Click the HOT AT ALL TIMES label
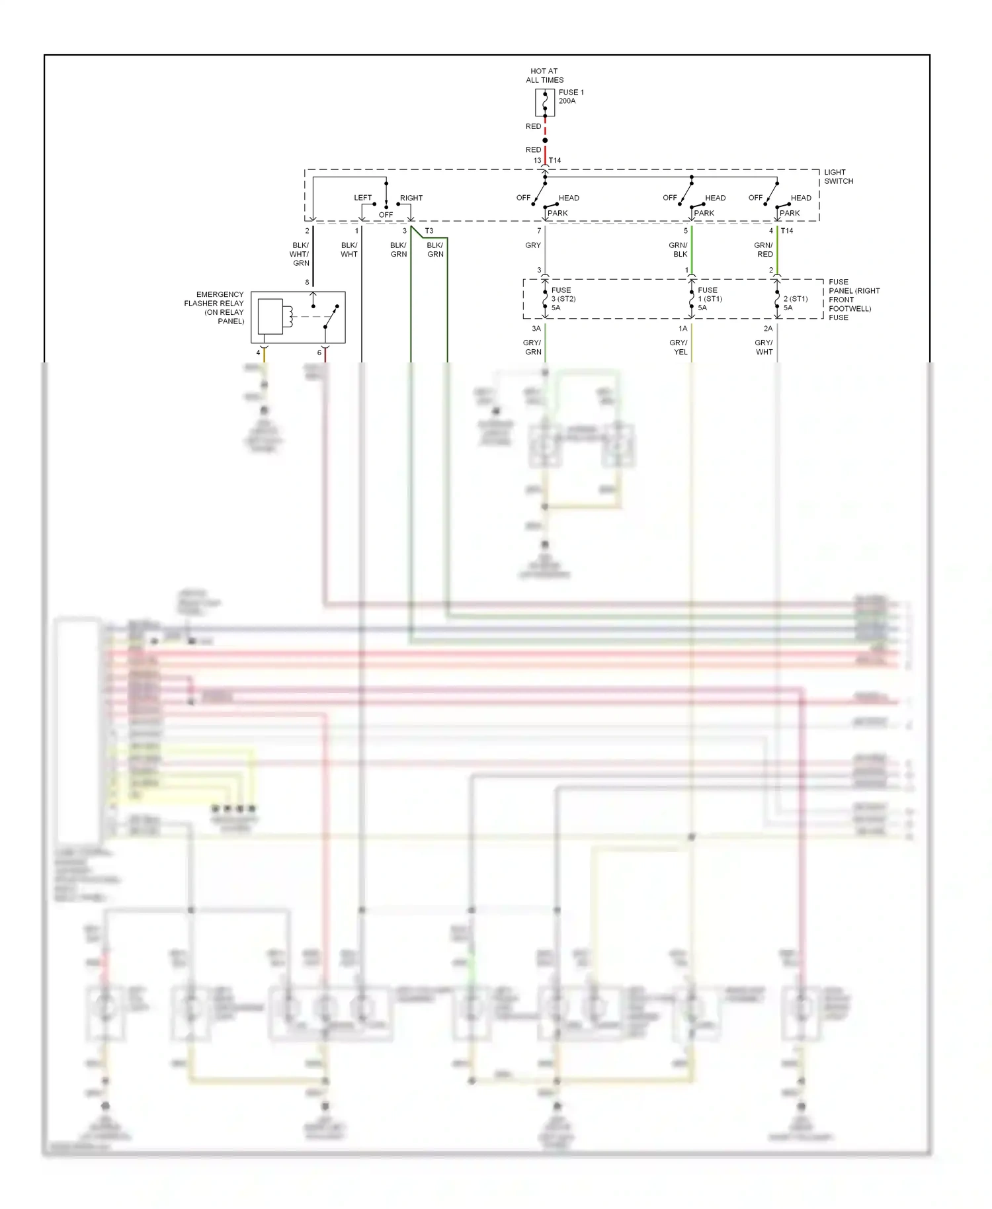click(x=544, y=75)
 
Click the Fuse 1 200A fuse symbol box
click(x=544, y=103)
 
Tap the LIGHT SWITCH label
click(x=838, y=177)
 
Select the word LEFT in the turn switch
click(x=362, y=198)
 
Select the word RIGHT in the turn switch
click(x=411, y=198)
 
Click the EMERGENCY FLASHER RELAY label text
click(x=214, y=308)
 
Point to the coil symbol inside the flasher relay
click(x=288, y=316)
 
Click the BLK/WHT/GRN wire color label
click(x=300, y=254)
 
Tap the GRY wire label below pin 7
click(x=532, y=245)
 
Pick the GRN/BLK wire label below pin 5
click(x=679, y=250)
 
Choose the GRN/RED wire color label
click(x=764, y=250)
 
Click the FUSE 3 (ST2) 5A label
click(x=562, y=299)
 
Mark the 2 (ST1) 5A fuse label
click(x=795, y=303)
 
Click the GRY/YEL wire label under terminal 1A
click(x=679, y=347)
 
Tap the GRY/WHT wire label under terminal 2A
click(x=764, y=347)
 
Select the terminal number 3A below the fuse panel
click(x=536, y=329)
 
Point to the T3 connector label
click(x=429, y=231)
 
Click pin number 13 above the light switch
click(x=537, y=161)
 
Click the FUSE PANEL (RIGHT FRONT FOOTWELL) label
click(x=853, y=300)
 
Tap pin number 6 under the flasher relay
click(x=319, y=353)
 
